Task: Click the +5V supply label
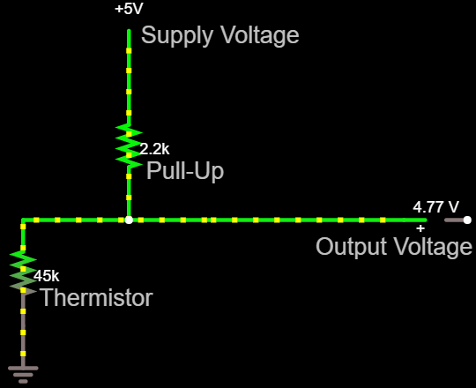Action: [x=129, y=9]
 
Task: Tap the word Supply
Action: [x=176, y=35]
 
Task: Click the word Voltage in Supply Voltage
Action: [x=259, y=35]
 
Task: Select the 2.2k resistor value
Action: [x=154, y=149]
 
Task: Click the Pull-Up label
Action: [x=185, y=171]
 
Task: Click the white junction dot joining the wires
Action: [x=129, y=220]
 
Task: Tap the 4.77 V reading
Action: [x=436, y=207]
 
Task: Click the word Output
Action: [x=352, y=246]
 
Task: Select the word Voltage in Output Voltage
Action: [x=433, y=246]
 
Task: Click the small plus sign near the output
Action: [x=420, y=228]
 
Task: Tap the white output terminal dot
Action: [x=467, y=220]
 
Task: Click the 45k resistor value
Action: [x=46, y=276]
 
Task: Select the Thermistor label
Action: [x=97, y=298]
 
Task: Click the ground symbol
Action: [x=23, y=375]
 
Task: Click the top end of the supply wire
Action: [x=129, y=30]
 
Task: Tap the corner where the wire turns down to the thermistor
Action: [x=23, y=220]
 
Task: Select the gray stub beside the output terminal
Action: [x=455, y=220]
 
